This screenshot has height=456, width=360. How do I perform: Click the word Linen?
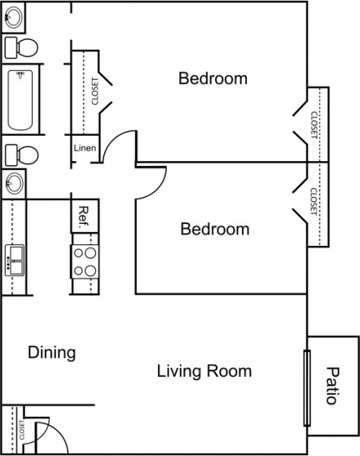click(x=85, y=147)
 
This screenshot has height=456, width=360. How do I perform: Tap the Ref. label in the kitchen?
click(x=83, y=217)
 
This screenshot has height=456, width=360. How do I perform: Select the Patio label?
click(x=332, y=386)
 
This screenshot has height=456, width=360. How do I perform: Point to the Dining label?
click(x=52, y=353)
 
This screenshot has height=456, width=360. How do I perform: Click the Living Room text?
click(x=204, y=371)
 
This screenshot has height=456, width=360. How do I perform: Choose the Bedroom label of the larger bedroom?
click(x=213, y=78)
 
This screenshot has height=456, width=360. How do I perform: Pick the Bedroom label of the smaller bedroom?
click(x=215, y=229)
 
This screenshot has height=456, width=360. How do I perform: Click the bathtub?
click(x=20, y=99)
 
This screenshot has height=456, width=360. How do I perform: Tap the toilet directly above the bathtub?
click(x=21, y=47)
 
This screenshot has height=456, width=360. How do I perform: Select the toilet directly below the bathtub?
click(x=21, y=155)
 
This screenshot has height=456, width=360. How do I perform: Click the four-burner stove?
click(x=85, y=261)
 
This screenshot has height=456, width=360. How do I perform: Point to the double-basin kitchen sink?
click(x=15, y=261)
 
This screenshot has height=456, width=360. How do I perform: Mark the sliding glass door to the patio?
click(x=307, y=388)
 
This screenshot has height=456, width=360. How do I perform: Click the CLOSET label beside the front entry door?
click(x=22, y=430)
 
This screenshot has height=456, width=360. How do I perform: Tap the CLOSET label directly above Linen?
click(x=95, y=91)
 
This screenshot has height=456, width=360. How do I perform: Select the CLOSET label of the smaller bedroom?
click(x=314, y=202)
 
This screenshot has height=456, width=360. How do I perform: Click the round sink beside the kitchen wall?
click(x=14, y=183)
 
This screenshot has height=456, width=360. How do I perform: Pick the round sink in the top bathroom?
click(x=13, y=17)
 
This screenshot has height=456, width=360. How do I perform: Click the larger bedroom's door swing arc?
click(x=111, y=138)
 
